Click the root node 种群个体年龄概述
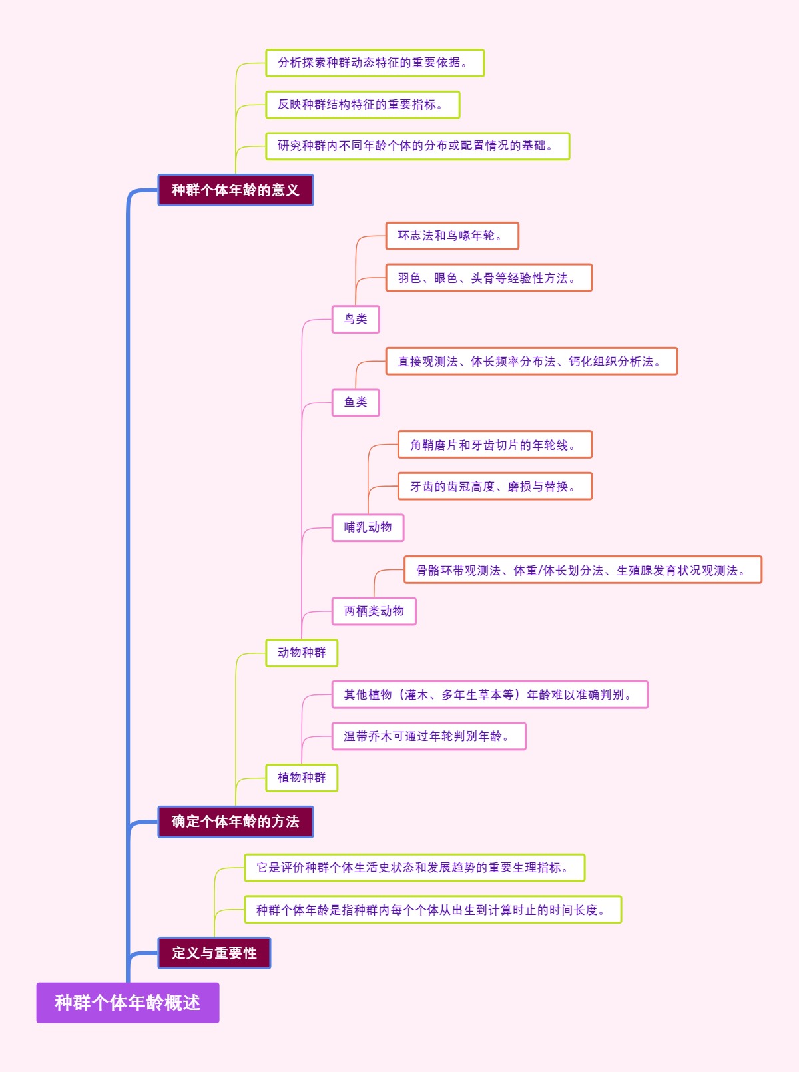tap(127, 1002)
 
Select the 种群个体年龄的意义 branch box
tap(235, 190)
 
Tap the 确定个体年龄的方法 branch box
tap(235, 822)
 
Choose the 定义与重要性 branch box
tap(214, 953)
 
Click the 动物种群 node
tap(302, 653)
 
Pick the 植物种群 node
tap(302, 778)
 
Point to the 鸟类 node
tap(356, 319)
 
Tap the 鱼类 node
tap(356, 402)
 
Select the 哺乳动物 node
tap(368, 527)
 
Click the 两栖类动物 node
tap(374, 611)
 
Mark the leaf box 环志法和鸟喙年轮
tap(452, 236)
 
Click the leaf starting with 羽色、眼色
tap(489, 278)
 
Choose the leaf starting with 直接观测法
tap(531, 362)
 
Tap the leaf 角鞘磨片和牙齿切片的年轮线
tap(495, 445)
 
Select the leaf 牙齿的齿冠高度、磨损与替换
tap(495, 487)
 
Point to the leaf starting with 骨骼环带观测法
tap(583, 570)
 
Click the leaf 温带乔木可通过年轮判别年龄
tap(429, 736)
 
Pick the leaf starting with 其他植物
tap(489, 694)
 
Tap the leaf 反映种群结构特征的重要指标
tap(362, 105)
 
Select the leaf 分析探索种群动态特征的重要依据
tap(374, 63)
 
